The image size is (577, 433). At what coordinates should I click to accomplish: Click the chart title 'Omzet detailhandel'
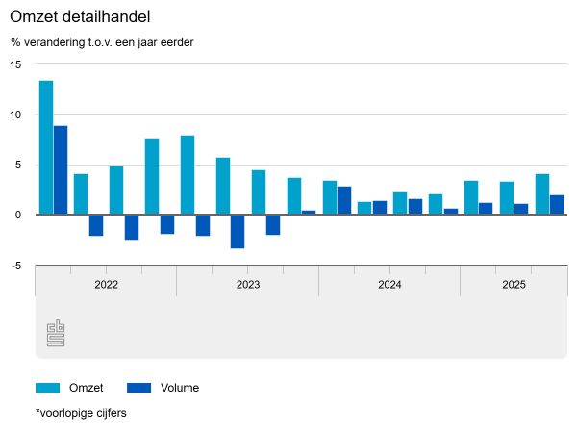tap(80, 17)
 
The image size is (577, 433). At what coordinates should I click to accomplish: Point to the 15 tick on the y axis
tap(15, 64)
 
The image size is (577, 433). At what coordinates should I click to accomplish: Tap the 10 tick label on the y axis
tap(15, 115)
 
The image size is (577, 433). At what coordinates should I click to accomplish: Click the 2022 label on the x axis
tap(106, 285)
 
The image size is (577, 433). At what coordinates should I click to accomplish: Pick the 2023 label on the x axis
tap(247, 285)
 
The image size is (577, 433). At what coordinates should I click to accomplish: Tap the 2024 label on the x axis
tap(389, 285)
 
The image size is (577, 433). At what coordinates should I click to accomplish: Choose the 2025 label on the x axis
tap(514, 285)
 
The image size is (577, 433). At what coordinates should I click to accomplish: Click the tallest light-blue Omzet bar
tap(46, 147)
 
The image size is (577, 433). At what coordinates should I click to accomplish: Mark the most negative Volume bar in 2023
tap(238, 231)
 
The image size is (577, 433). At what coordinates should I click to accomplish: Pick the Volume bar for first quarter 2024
tap(344, 200)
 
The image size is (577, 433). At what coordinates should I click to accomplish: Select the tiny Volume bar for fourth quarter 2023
tap(309, 213)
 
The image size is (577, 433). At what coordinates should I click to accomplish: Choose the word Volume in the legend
tap(180, 388)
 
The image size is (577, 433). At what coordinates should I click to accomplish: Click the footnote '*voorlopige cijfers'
tap(81, 413)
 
